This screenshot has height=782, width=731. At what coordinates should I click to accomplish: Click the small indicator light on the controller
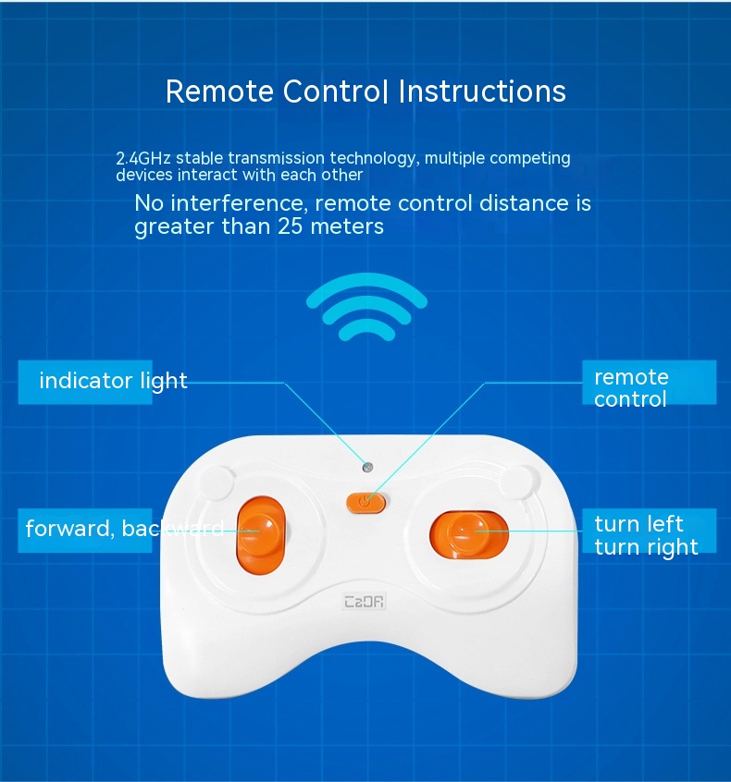[x=367, y=468]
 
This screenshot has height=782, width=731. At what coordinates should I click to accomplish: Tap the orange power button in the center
[x=366, y=503]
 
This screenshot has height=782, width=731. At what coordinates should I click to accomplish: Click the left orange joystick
[x=261, y=535]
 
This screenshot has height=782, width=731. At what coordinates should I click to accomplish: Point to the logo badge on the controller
[x=365, y=602]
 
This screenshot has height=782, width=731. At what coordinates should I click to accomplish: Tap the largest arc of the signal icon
[x=367, y=290]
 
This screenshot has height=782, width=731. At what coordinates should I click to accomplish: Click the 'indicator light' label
[x=113, y=382]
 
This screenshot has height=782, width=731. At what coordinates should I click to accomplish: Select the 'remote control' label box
[x=650, y=383]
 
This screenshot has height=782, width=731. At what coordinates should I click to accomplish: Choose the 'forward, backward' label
[x=124, y=530]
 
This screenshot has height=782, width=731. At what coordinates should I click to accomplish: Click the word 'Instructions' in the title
[x=482, y=92]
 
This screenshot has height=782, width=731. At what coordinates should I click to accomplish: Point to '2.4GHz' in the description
[x=143, y=159]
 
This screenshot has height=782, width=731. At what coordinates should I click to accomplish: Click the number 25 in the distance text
[x=291, y=226]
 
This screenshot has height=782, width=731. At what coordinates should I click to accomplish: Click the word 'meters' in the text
[x=347, y=226]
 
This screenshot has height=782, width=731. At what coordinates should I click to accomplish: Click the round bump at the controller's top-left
[x=217, y=483]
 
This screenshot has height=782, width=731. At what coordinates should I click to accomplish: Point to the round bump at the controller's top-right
[x=520, y=483]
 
